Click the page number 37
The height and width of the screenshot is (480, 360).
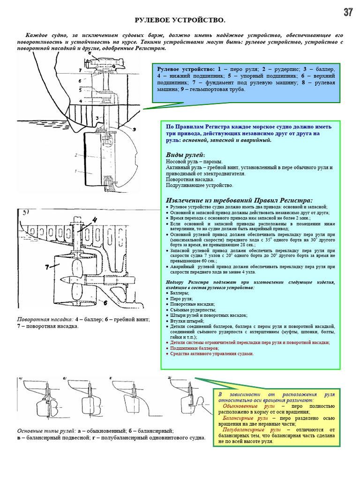point(348,13)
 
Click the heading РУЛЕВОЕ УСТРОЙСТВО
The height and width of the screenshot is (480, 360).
point(180,20)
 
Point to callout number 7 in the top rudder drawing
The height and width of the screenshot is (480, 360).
point(80,70)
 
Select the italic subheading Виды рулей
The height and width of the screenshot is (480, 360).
point(185,155)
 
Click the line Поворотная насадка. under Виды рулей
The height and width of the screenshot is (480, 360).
point(190,179)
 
